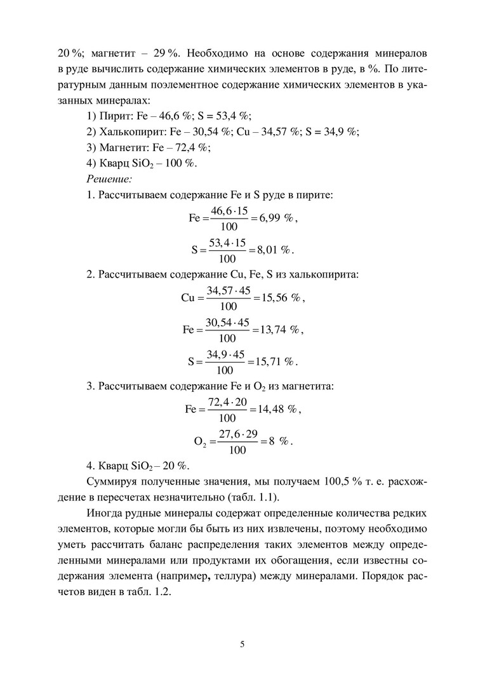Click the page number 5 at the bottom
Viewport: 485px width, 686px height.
pyautogui.click(x=242, y=644)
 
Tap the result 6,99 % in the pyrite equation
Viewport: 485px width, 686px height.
pyautogui.click(x=276, y=218)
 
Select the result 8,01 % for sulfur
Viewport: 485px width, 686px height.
pyautogui.click(x=274, y=250)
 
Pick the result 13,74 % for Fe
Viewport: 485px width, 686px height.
pyautogui.click(x=279, y=330)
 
